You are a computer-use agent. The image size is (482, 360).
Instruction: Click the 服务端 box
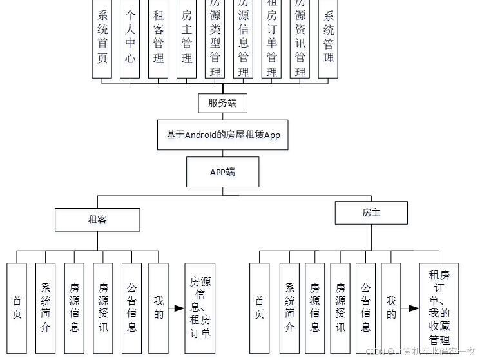[x=222, y=103]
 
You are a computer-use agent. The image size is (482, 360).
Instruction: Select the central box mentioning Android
[x=222, y=135]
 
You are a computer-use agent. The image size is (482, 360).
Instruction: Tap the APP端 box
[x=222, y=172]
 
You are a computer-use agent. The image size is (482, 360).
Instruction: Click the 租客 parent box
[x=97, y=219]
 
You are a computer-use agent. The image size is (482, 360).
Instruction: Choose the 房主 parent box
[x=371, y=213]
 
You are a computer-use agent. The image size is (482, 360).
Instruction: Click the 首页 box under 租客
[x=17, y=308]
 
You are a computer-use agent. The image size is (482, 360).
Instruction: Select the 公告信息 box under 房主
[x=365, y=308]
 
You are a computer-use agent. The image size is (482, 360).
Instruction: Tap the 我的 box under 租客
[x=159, y=308]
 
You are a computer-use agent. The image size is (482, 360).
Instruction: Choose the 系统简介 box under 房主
[x=289, y=308]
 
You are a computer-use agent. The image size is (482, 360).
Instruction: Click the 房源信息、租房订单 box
[x=200, y=308]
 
